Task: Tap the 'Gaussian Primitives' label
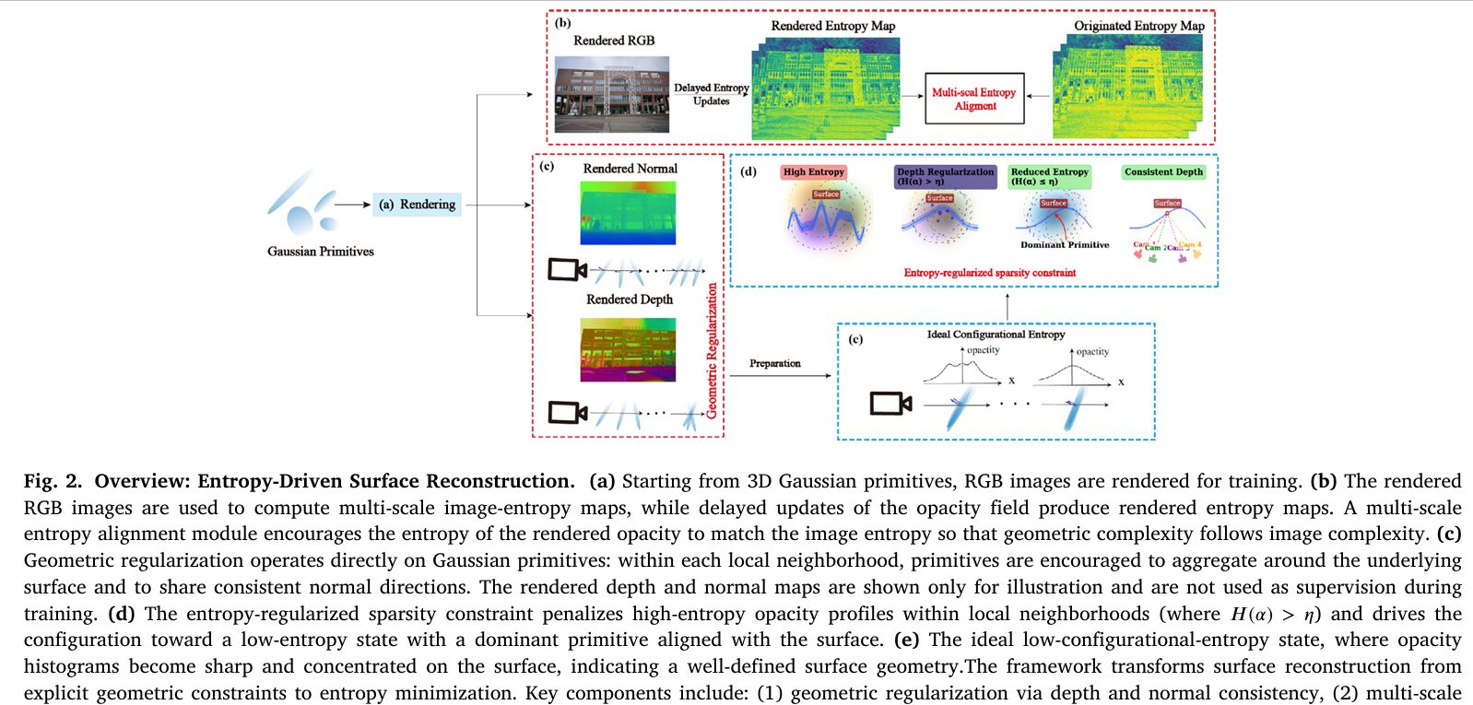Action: pyautogui.click(x=320, y=252)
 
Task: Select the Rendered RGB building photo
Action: pyautogui.click(x=611, y=94)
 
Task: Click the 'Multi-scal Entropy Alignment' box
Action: pyautogui.click(x=974, y=99)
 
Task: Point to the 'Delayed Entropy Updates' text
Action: pyautogui.click(x=711, y=94)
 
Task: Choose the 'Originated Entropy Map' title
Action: pyautogui.click(x=1138, y=26)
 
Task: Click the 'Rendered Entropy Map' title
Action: pyautogui.click(x=832, y=26)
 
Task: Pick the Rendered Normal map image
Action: pyautogui.click(x=628, y=213)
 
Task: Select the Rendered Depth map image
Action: pyautogui.click(x=628, y=349)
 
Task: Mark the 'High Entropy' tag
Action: pyautogui.click(x=813, y=172)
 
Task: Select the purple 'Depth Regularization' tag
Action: pyautogui.click(x=945, y=176)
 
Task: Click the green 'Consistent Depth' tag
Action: pyautogui.click(x=1163, y=172)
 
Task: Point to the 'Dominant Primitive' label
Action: pyautogui.click(x=1065, y=245)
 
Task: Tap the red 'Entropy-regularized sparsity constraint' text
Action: pyautogui.click(x=989, y=273)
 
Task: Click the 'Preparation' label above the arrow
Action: pyautogui.click(x=774, y=363)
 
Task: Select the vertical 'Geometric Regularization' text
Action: pyautogui.click(x=712, y=350)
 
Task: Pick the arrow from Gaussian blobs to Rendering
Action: pyautogui.click(x=352, y=205)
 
